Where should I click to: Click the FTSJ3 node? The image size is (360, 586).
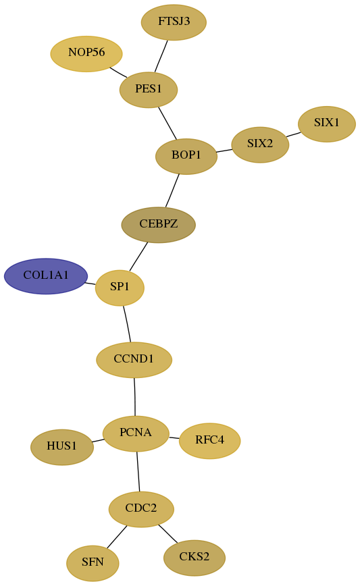pyautogui.click(x=174, y=22)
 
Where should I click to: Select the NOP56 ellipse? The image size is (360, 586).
pyautogui.click(x=86, y=54)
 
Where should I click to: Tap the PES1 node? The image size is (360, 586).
pyautogui.click(x=149, y=90)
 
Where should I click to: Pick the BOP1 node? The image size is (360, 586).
pyautogui.click(x=186, y=156)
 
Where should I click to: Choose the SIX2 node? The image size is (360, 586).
pyautogui.click(x=260, y=145)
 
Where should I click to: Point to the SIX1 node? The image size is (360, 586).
pyautogui.click(x=327, y=124)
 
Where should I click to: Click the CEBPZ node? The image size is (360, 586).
pyautogui.click(x=159, y=225)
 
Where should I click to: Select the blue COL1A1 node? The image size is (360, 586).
pyautogui.click(x=46, y=276)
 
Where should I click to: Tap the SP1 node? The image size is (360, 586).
pyautogui.click(x=120, y=288)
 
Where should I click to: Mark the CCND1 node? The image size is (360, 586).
pyautogui.click(x=134, y=360)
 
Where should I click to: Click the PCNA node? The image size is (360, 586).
pyautogui.click(x=136, y=433)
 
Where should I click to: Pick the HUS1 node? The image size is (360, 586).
pyautogui.click(x=62, y=448)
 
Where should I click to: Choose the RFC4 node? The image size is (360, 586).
pyautogui.click(x=210, y=441)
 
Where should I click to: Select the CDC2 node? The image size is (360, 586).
pyautogui.click(x=141, y=510)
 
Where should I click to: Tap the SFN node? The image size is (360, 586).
pyautogui.click(x=93, y=563)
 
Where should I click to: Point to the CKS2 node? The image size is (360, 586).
pyautogui.click(x=195, y=558)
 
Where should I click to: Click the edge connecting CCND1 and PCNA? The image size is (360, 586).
pyautogui.click(x=135, y=397)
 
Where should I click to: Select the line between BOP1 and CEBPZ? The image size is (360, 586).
pyautogui.click(x=172, y=190)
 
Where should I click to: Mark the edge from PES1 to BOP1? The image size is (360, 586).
pyautogui.click(x=168, y=124)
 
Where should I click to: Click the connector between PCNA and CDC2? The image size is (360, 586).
pyautogui.click(x=138, y=472)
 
